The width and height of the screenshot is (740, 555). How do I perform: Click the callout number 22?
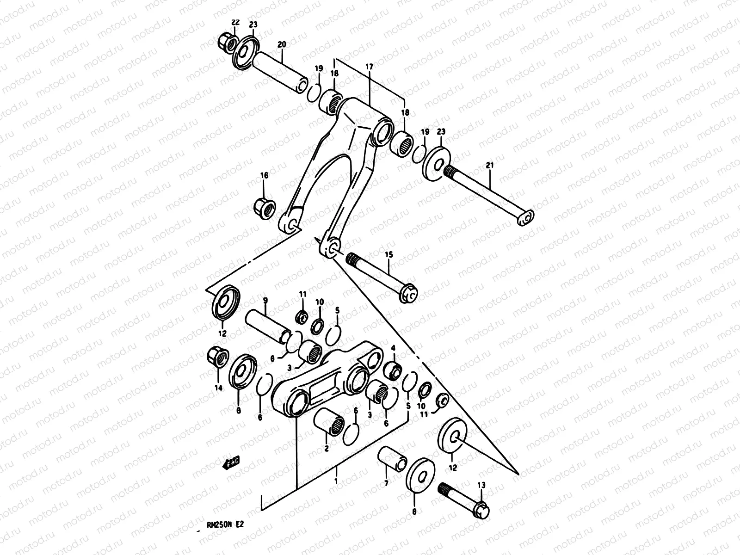(x=235, y=23)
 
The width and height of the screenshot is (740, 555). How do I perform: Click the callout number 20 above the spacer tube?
(x=281, y=44)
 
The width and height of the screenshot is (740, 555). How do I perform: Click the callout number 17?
(x=369, y=67)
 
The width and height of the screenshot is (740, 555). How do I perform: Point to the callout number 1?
(x=336, y=481)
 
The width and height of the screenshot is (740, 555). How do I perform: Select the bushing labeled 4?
(x=393, y=370)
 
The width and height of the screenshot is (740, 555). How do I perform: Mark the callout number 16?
(x=264, y=175)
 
